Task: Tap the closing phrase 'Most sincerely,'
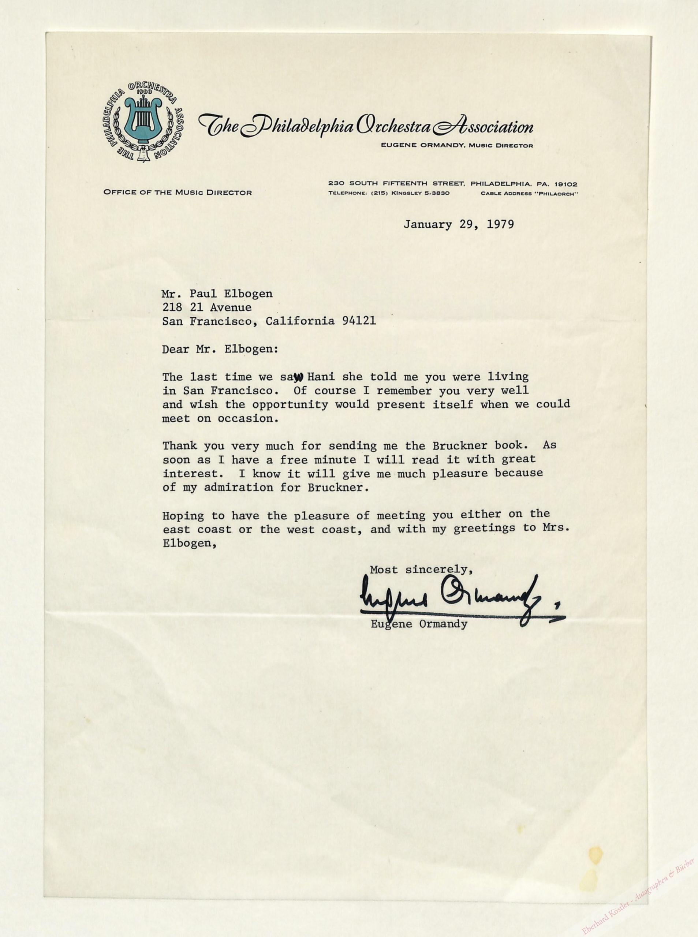click(421, 570)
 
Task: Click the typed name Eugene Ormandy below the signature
click(419, 624)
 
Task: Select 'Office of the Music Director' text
click(178, 193)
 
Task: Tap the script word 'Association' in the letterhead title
click(484, 126)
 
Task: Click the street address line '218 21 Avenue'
click(207, 307)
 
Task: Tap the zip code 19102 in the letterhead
click(566, 184)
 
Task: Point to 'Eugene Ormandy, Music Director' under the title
click(456, 145)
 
